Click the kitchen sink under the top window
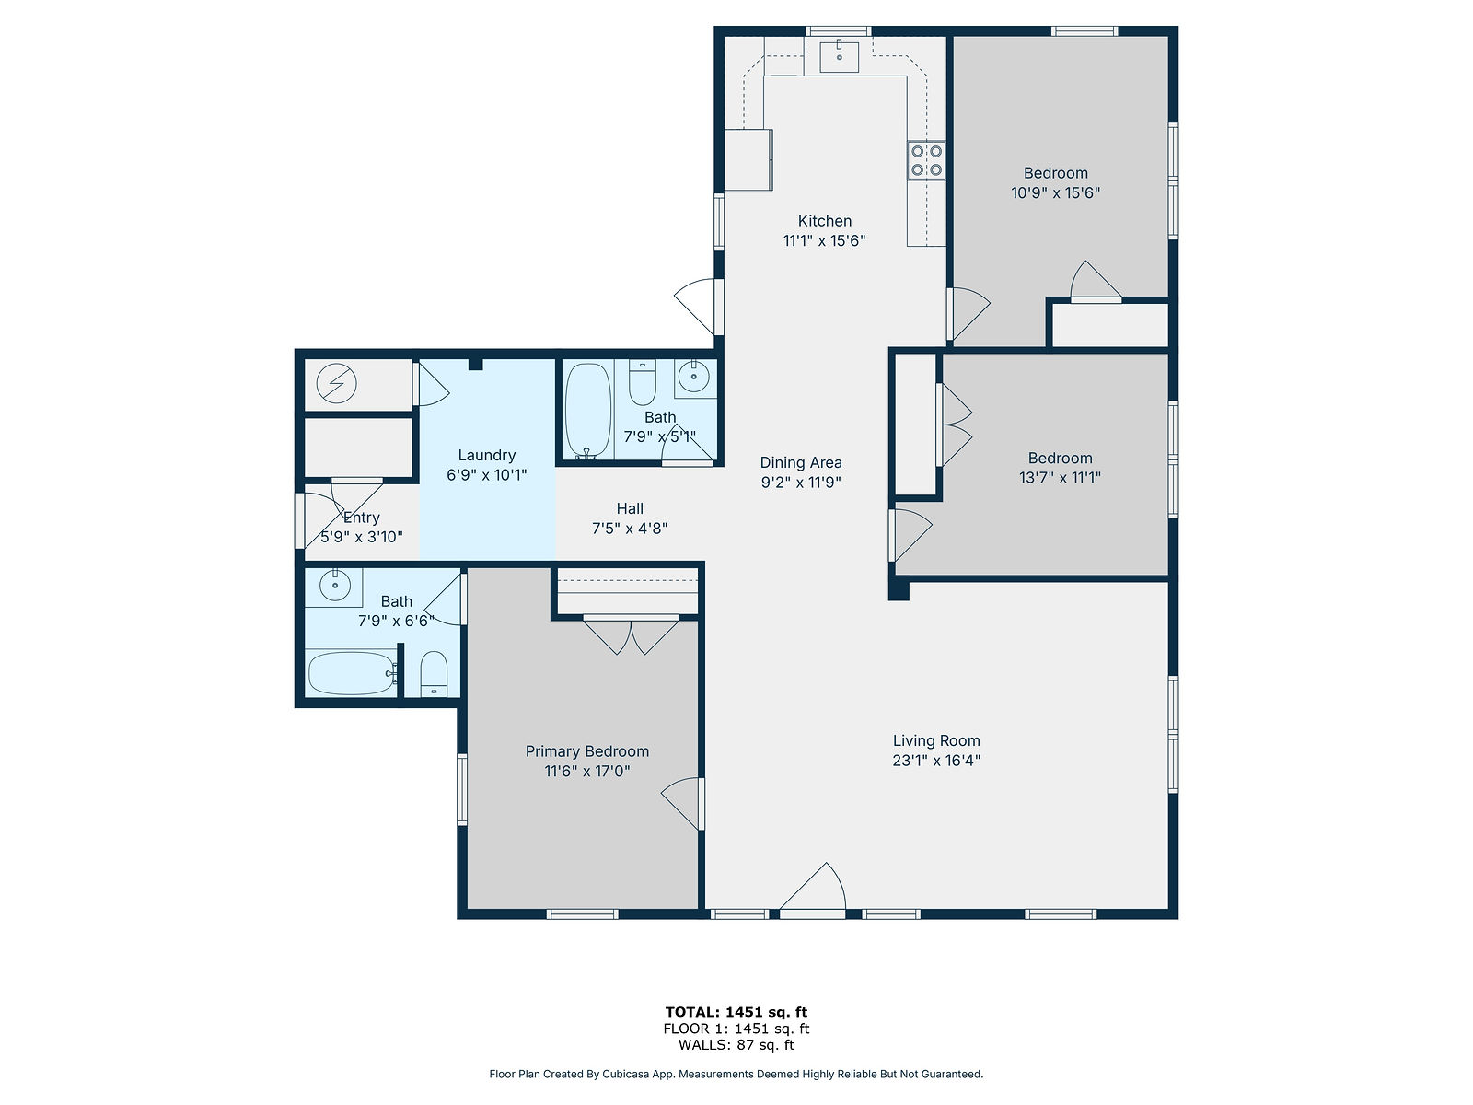click(x=838, y=56)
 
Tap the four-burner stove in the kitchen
click(x=926, y=161)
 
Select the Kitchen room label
click(x=824, y=221)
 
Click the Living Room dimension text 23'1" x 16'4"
click(x=936, y=761)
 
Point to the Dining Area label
click(x=801, y=462)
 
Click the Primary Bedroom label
click(x=586, y=751)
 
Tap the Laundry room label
click(x=486, y=456)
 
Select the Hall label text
click(x=630, y=508)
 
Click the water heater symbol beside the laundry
click(x=336, y=383)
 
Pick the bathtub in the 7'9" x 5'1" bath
click(x=588, y=411)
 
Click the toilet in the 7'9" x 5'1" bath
click(x=643, y=382)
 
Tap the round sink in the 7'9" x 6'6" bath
click(x=335, y=587)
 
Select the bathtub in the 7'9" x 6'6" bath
click(x=352, y=673)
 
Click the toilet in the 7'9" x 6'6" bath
click(x=434, y=674)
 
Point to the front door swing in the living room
click(x=813, y=890)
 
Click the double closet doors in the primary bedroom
click(x=630, y=635)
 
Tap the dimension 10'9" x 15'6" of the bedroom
click(x=1056, y=193)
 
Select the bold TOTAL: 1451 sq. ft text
click(x=736, y=1012)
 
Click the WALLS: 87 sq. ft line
click(x=736, y=1044)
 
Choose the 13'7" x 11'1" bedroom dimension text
click(x=1060, y=478)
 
